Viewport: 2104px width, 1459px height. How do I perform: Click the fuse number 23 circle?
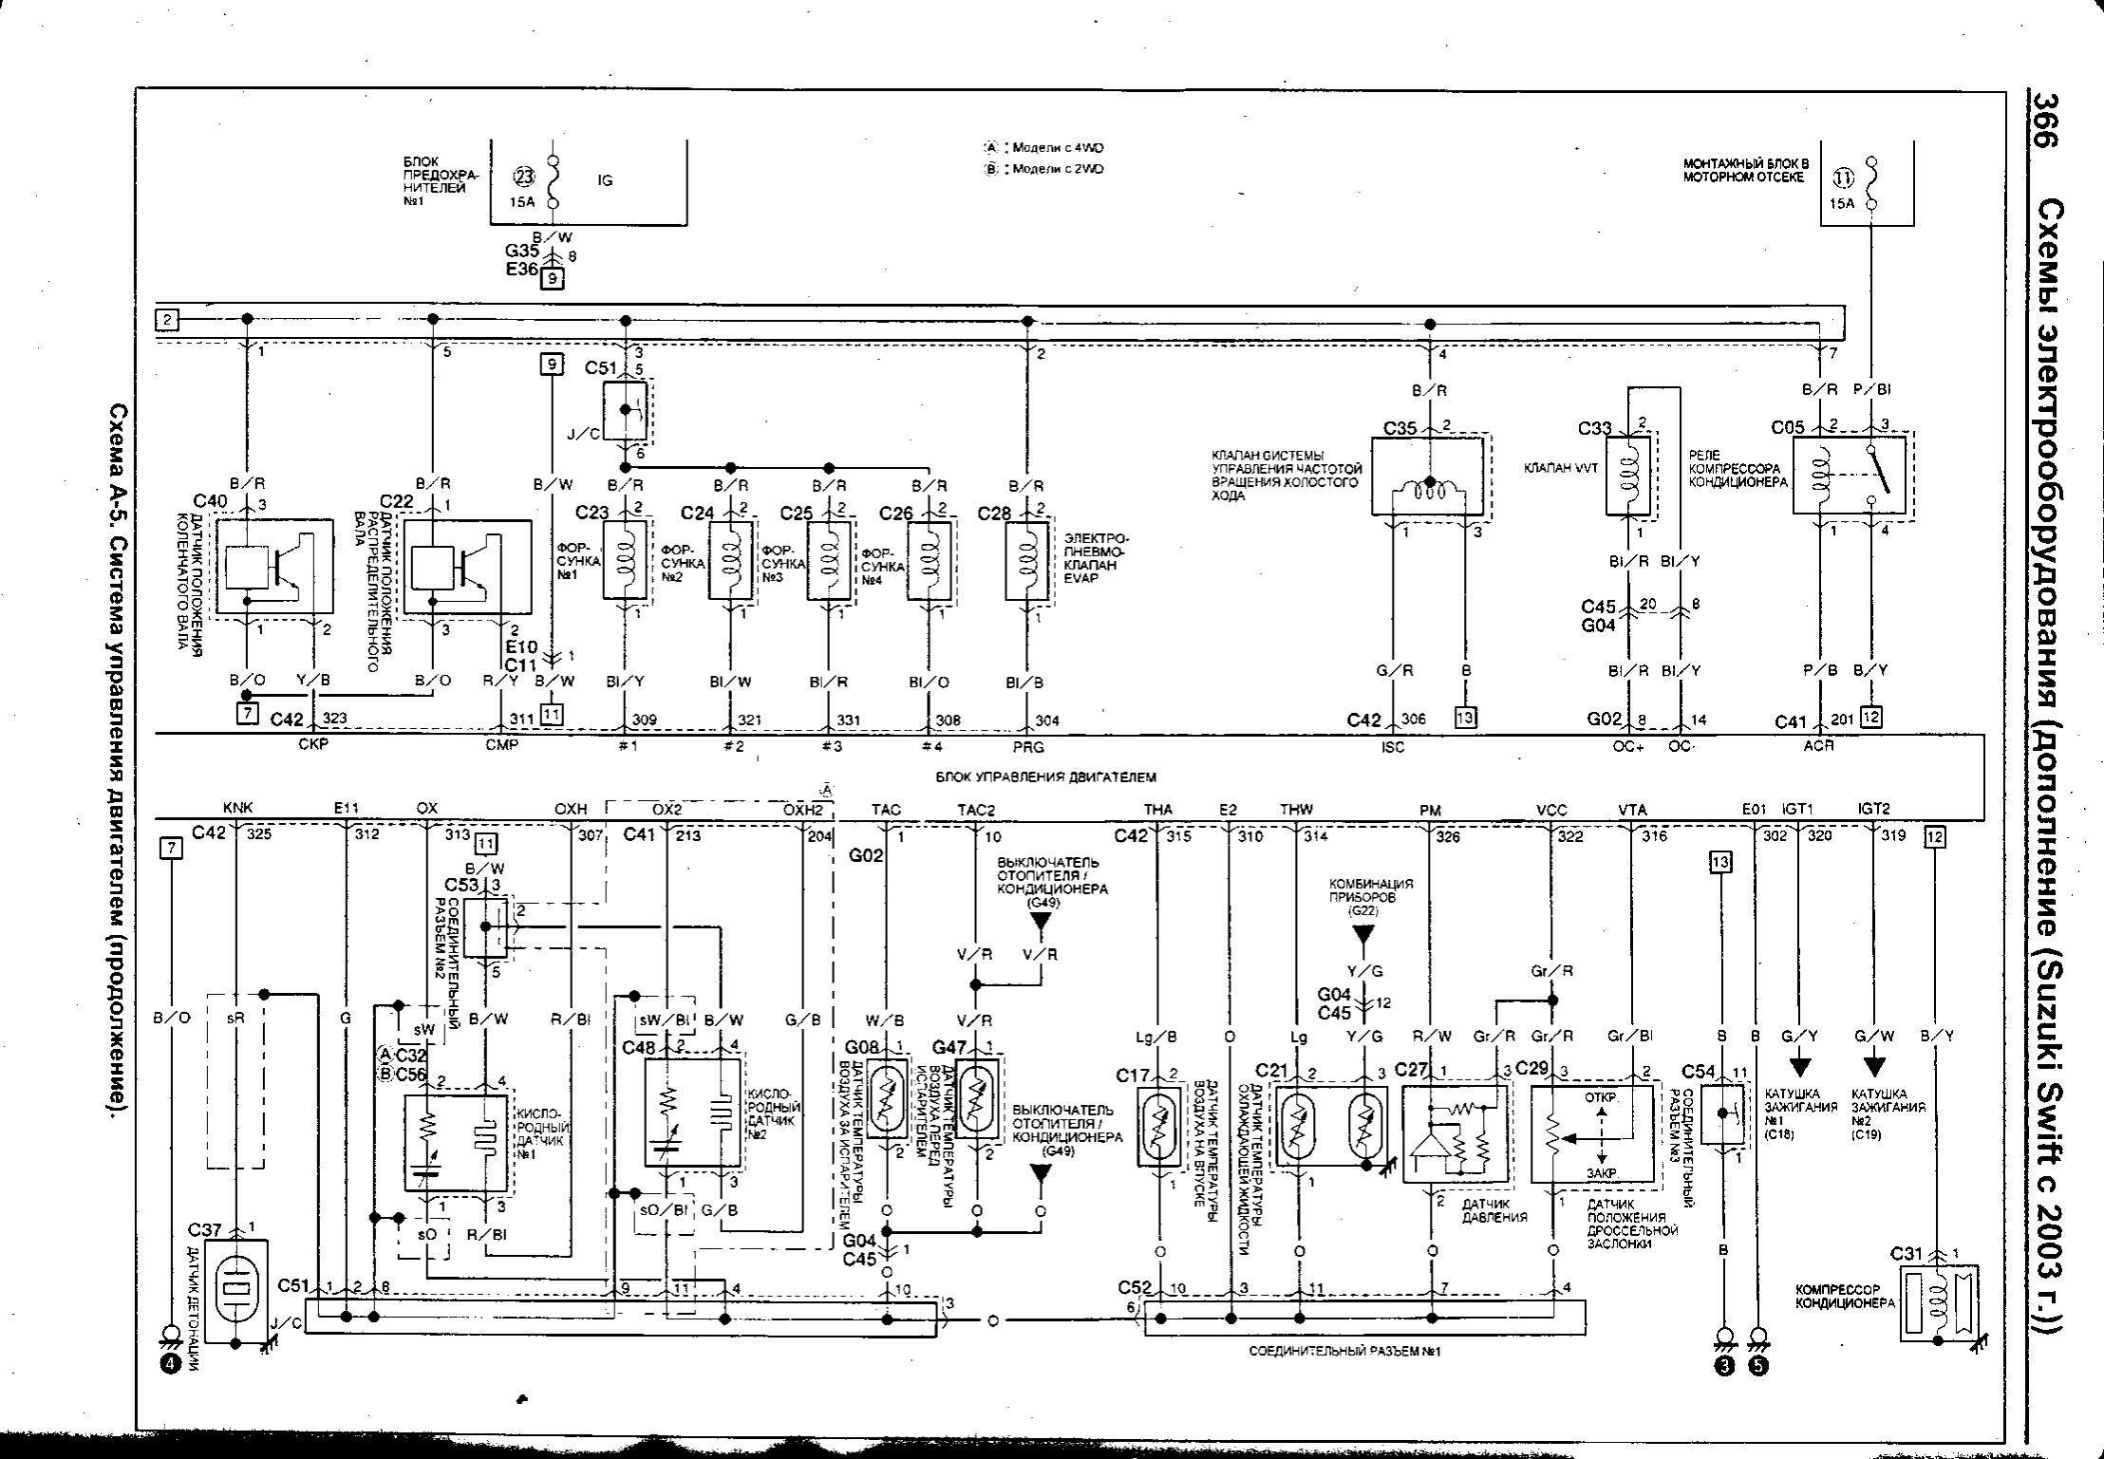click(524, 177)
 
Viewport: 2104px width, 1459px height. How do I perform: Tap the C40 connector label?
click(210, 500)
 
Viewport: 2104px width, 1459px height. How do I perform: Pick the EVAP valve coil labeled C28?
click(1026, 559)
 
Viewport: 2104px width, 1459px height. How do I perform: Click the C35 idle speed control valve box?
click(1426, 477)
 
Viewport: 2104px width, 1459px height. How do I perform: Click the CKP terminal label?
click(312, 745)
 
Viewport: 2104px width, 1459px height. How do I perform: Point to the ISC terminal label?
click(1393, 747)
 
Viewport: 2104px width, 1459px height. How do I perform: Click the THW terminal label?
click(1296, 809)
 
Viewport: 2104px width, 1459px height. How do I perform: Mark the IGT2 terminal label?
click(1873, 809)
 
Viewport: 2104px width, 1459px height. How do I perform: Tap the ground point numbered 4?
click(171, 1364)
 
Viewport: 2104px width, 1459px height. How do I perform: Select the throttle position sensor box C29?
click(1595, 1134)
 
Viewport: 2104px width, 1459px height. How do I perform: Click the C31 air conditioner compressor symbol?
click(1937, 1300)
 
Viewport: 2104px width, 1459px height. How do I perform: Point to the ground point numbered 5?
click(1758, 1367)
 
